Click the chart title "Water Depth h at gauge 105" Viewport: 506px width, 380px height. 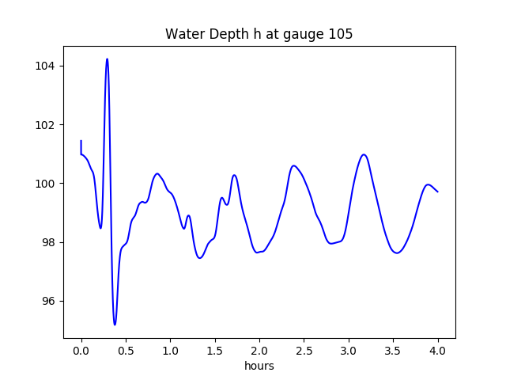coord(259,35)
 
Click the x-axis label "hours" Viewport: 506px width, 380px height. coord(259,367)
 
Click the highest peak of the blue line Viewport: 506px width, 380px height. coord(107,59)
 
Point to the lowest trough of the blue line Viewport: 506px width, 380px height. coord(115,325)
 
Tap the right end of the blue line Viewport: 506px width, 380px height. coord(437,192)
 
